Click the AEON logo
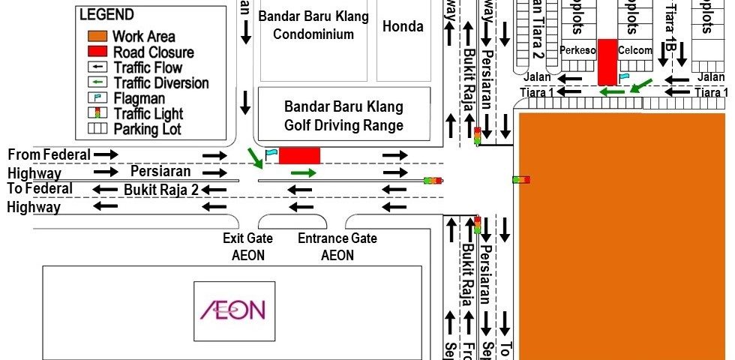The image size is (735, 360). pyautogui.click(x=232, y=309)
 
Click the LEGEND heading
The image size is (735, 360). pyautogui.click(x=106, y=15)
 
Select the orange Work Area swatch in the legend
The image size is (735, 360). pyautogui.click(x=98, y=36)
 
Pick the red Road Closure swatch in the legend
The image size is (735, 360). pyautogui.click(x=98, y=52)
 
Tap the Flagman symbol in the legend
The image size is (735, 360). pyautogui.click(x=98, y=98)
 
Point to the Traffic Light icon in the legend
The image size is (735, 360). pyautogui.click(x=98, y=114)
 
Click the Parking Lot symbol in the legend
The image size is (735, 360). pyautogui.click(x=98, y=129)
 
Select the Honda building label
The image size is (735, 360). pyautogui.click(x=403, y=26)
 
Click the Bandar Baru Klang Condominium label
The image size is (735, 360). pyautogui.click(x=313, y=25)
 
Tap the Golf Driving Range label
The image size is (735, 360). pyautogui.click(x=343, y=116)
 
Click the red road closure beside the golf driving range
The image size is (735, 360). pyautogui.click(x=300, y=155)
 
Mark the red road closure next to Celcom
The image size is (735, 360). pyautogui.click(x=607, y=61)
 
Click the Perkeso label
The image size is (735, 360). pyautogui.click(x=577, y=50)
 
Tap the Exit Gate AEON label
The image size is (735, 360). pyautogui.click(x=247, y=247)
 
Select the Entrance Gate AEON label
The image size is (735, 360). pyautogui.click(x=337, y=247)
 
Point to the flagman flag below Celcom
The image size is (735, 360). pyautogui.click(x=624, y=76)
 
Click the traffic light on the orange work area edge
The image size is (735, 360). pyautogui.click(x=521, y=180)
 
